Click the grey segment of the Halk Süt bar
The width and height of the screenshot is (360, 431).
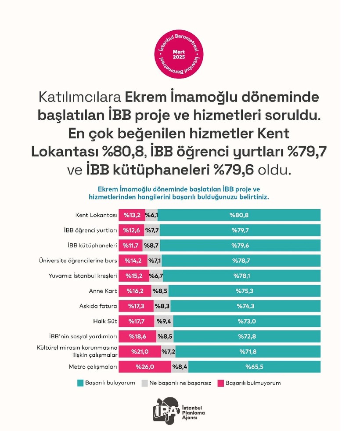[x=164, y=321]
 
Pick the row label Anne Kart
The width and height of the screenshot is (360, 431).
[x=103, y=291]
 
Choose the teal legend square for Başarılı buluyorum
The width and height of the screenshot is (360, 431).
[x=80, y=383]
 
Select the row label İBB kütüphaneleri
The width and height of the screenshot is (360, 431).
[x=96, y=246]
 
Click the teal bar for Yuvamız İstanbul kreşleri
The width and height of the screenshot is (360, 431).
[x=241, y=276]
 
